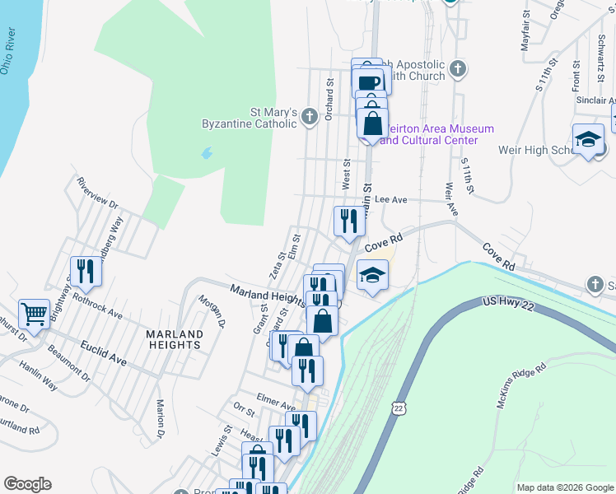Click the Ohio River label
coord(16,54)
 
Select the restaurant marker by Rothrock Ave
coord(86,271)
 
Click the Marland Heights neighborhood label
coord(174,340)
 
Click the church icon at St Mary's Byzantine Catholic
coord(309,116)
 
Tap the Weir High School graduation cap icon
coord(589,139)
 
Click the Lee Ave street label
coord(391,199)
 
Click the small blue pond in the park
coord(206,153)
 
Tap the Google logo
coord(27,484)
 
